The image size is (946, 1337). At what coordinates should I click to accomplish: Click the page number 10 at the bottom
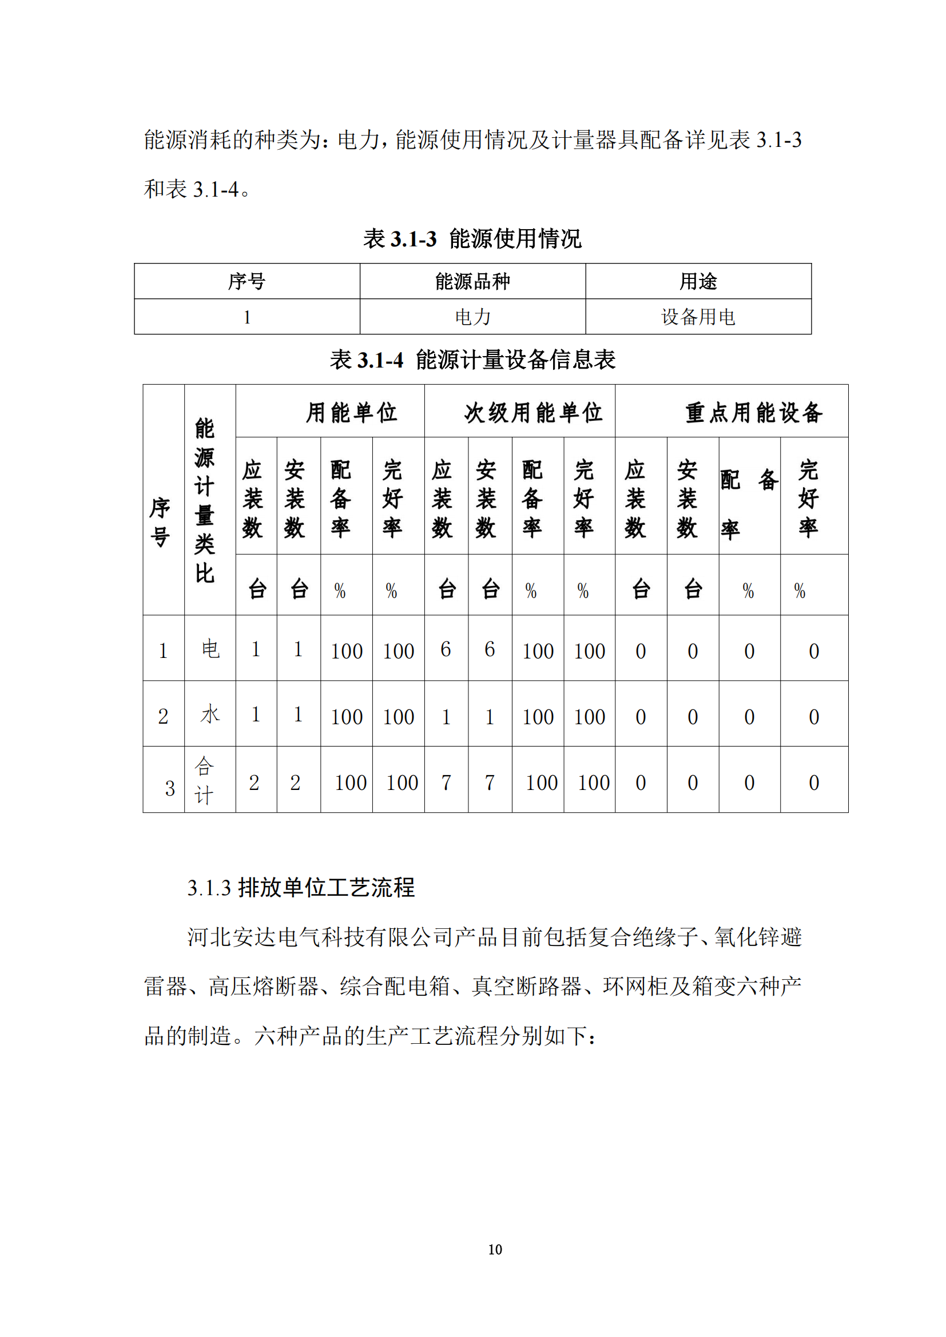495,1249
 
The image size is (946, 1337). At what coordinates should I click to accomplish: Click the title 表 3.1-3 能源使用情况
472,239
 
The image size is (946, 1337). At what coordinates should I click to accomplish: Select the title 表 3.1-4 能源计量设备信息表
472,360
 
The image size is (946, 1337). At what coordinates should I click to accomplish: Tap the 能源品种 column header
472,281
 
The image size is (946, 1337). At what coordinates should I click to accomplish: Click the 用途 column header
698,281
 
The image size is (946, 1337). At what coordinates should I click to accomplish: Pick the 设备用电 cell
698,317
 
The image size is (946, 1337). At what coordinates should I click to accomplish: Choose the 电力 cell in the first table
472,317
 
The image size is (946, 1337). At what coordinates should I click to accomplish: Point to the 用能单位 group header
351,412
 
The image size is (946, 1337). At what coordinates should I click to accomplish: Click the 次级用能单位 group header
533,412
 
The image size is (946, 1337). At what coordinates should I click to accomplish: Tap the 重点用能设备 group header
754,412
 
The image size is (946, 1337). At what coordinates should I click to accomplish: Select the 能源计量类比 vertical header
204,500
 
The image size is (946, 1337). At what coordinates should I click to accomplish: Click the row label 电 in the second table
210,649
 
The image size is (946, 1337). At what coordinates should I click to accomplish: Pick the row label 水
210,714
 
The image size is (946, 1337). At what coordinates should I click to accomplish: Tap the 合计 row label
204,780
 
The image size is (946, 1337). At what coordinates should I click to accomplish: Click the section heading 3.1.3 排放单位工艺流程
301,888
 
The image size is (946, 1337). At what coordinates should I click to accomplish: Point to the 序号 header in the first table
247,281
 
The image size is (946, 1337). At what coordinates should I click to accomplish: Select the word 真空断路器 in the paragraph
527,987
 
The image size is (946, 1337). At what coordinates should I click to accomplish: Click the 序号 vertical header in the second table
160,522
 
